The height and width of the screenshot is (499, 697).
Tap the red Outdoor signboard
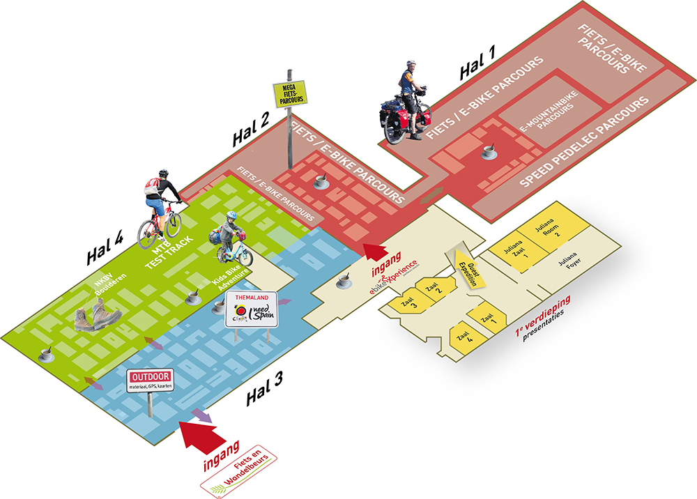(150, 381)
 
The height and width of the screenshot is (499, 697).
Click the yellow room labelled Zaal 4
(464, 338)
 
